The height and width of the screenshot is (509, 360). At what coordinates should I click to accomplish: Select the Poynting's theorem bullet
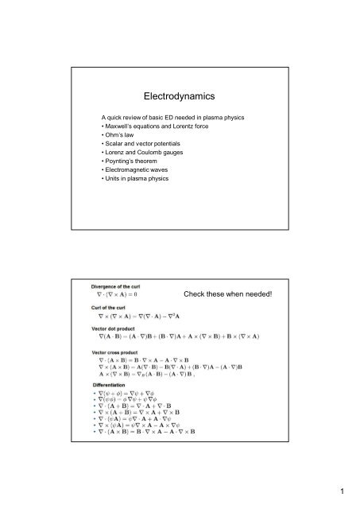132,167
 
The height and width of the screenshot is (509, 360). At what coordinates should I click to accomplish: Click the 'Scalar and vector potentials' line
144,148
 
